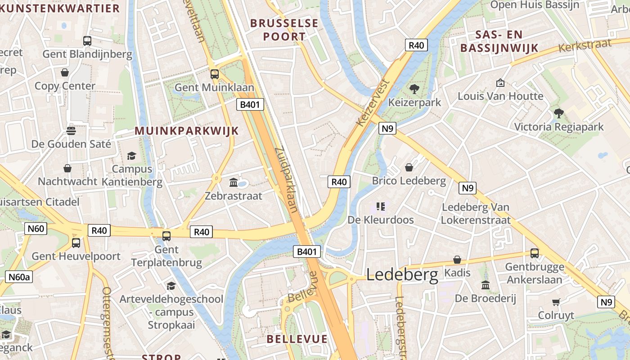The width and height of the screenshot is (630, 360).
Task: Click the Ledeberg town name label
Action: tap(402, 274)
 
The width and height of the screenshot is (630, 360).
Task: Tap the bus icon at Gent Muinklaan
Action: tap(215, 74)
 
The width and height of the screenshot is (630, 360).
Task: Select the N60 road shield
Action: tap(36, 229)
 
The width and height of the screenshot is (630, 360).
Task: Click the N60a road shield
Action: tap(19, 277)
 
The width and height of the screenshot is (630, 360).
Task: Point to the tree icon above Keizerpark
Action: tap(414, 89)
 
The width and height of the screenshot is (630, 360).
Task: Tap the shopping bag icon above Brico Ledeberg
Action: tap(409, 167)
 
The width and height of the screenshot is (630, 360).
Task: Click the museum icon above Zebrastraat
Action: tap(234, 182)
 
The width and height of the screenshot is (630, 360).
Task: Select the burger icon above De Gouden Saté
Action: tap(71, 131)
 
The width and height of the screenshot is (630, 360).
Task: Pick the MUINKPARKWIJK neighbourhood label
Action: tap(187, 131)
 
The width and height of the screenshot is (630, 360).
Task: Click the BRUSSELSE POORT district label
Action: tap(284, 30)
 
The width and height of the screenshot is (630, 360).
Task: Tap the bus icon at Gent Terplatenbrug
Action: tap(166, 236)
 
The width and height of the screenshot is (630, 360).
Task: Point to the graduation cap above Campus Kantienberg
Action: tap(131, 156)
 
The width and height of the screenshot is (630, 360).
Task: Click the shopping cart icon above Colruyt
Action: tap(556, 302)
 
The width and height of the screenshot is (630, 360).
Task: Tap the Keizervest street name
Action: tap(372, 103)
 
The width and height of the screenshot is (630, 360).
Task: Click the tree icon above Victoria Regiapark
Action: tap(559, 113)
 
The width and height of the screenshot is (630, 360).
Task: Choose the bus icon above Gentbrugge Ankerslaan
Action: tap(535, 253)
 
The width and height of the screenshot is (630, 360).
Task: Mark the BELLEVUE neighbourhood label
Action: tap(297, 339)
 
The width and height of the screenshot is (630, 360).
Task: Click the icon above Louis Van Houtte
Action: tap(500, 83)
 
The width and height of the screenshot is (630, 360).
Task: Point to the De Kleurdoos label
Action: tap(381, 220)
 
